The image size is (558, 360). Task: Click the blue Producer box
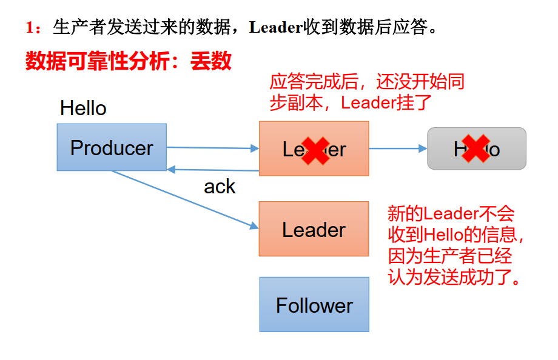[x=112, y=147]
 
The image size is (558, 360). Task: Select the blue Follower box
[x=314, y=304]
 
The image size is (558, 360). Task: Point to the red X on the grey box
[x=476, y=148]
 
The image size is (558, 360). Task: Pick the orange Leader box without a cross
[x=314, y=229]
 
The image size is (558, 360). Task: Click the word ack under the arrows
[x=220, y=187]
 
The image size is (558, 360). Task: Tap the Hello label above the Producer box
[x=83, y=108]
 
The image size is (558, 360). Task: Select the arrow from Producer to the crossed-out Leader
[x=212, y=147]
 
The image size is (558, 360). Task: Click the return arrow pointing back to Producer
[x=212, y=170]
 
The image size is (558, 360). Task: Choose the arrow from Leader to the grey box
[x=397, y=148]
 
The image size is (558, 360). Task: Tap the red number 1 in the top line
[x=30, y=28]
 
